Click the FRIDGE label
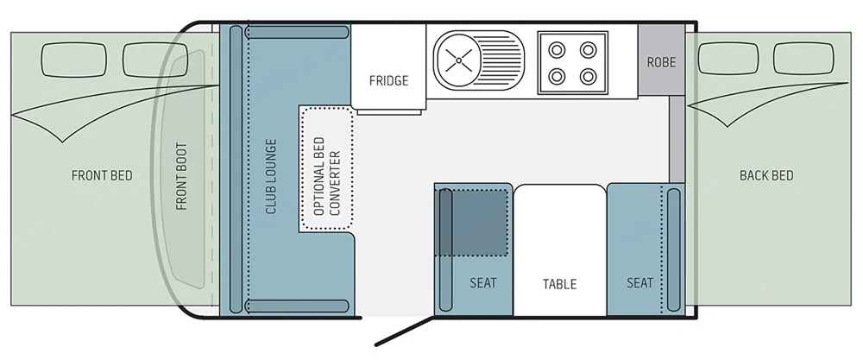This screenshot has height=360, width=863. pyautogui.click(x=388, y=81)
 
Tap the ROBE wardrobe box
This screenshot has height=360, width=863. pyautogui.click(x=661, y=61)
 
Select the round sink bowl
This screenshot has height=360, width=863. pyautogui.click(x=459, y=60)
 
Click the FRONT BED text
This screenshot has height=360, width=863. pyautogui.click(x=102, y=176)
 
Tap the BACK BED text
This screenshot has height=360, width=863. pyautogui.click(x=766, y=176)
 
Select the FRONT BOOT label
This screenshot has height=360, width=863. pyautogui.click(x=181, y=176)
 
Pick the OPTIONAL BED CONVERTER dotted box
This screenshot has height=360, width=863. pyautogui.click(x=326, y=168)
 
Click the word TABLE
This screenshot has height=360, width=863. pyautogui.click(x=559, y=283)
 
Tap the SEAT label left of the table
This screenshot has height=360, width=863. pyautogui.click(x=483, y=282)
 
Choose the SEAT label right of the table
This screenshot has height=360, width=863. pyautogui.click(x=639, y=282)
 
